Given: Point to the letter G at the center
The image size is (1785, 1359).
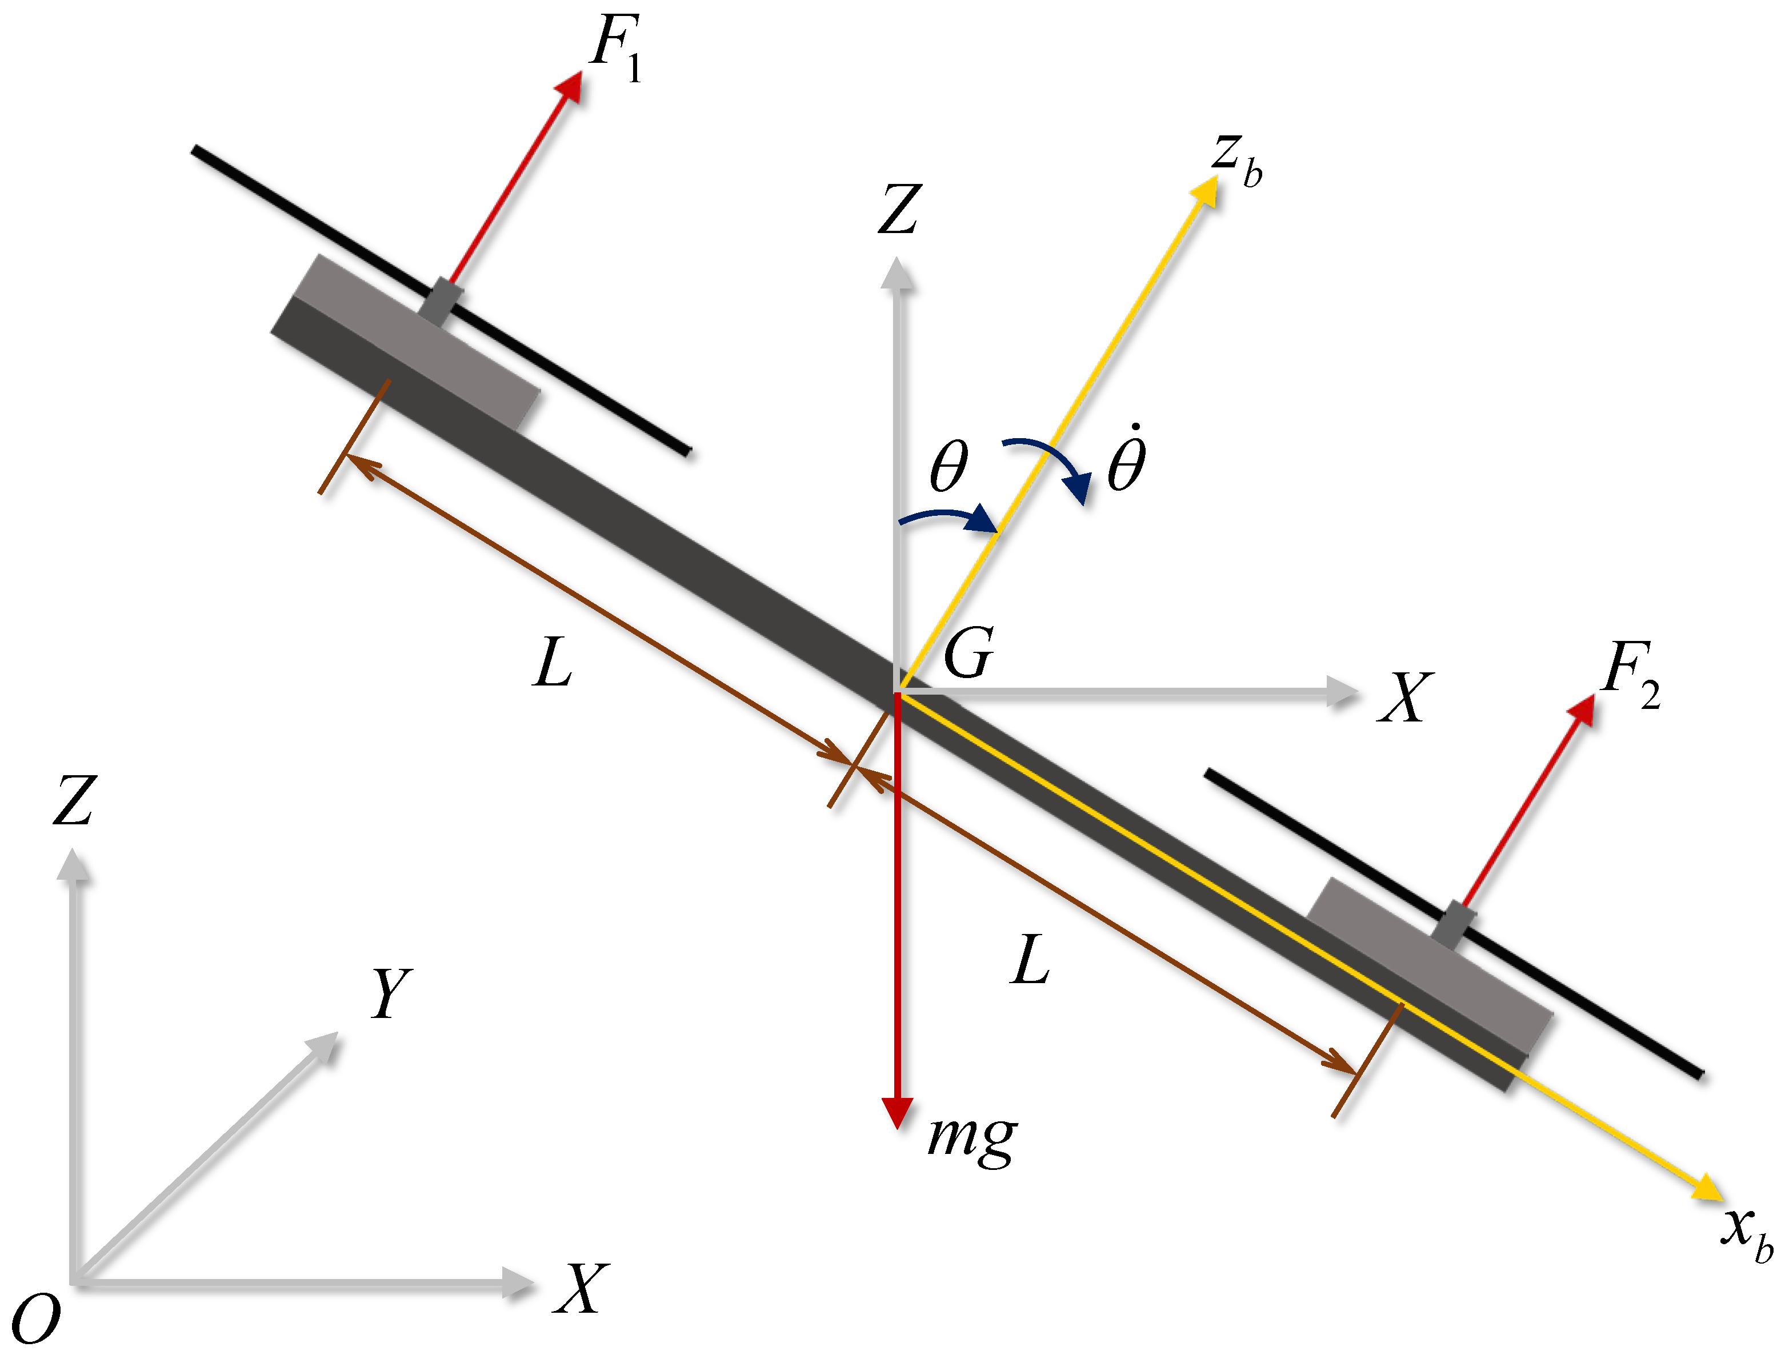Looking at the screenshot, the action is [968, 653].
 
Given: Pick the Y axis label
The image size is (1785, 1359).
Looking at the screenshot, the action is [391, 993].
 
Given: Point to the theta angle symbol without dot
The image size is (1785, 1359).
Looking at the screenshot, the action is [948, 466].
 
